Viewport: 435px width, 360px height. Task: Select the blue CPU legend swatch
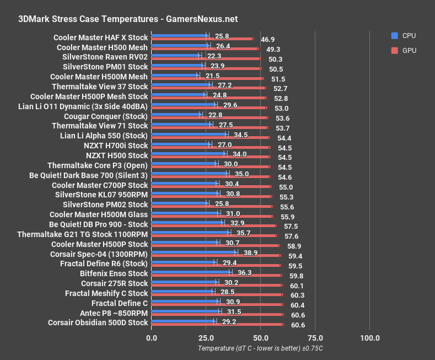pyautogui.click(x=394, y=36)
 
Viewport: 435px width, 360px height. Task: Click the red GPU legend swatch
pyautogui.click(x=394, y=51)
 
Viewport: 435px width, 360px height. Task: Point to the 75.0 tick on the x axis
pyautogui.click(x=315, y=337)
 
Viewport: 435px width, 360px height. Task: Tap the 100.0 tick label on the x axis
pyautogui.click(x=369, y=337)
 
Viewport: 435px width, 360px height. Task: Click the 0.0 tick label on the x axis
pyautogui.click(x=151, y=337)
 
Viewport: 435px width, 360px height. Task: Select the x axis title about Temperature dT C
pyautogui.click(x=260, y=348)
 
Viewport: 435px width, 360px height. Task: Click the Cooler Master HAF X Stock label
pyautogui.click(x=101, y=38)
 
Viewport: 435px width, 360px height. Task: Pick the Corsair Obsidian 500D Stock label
pyautogui.click(x=98, y=323)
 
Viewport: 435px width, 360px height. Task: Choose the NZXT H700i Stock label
pyautogui.click(x=116, y=146)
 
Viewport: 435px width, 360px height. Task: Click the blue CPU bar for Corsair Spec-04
pyautogui.click(x=193, y=252)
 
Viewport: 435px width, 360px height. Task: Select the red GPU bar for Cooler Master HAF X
pyautogui.click(x=202, y=39)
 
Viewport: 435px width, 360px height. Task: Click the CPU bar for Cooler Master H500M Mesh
pyautogui.click(x=174, y=75)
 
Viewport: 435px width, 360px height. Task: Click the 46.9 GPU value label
pyautogui.click(x=268, y=40)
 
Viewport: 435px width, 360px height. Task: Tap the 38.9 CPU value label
pyautogui.click(x=251, y=252)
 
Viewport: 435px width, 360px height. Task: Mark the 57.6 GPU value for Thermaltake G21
pyautogui.click(x=291, y=237)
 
